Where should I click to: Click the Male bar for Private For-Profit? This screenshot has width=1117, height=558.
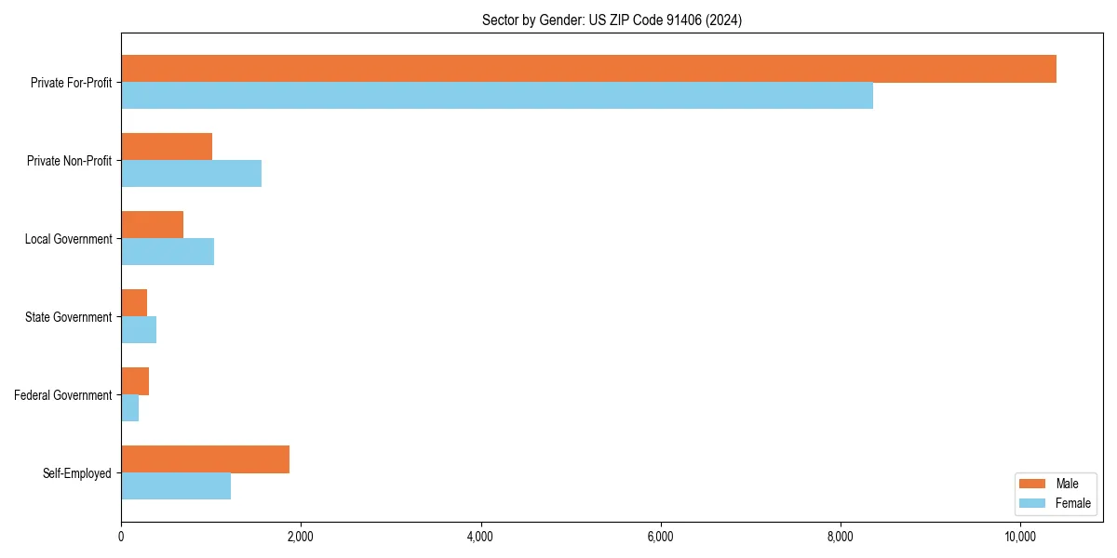(588, 69)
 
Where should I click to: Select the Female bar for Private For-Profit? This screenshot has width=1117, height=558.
(497, 96)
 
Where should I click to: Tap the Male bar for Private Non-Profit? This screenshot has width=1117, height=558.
(167, 147)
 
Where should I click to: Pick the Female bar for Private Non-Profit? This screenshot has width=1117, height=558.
(191, 174)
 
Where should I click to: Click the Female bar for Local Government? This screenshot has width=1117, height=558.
(168, 252)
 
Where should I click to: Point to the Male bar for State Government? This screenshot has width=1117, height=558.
(134, 303)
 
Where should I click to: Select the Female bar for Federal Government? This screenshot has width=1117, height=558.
(130, 408)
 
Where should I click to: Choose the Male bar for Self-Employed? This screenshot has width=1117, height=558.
(205, 459)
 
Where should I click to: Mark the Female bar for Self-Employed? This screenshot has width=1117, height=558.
(176, 486)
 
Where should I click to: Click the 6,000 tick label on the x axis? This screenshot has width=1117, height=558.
(660, 537)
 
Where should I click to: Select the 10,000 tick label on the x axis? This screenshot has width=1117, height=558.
(1019, 537)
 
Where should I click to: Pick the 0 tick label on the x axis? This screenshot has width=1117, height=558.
(121, 537)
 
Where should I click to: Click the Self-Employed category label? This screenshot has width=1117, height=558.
(77, 473)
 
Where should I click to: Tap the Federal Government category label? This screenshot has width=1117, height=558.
(63, 395)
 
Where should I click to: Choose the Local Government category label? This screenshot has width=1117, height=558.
(68, 239)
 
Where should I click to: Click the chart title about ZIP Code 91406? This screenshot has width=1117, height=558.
(612, 20)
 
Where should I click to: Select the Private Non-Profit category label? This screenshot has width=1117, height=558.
(69, 161)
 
